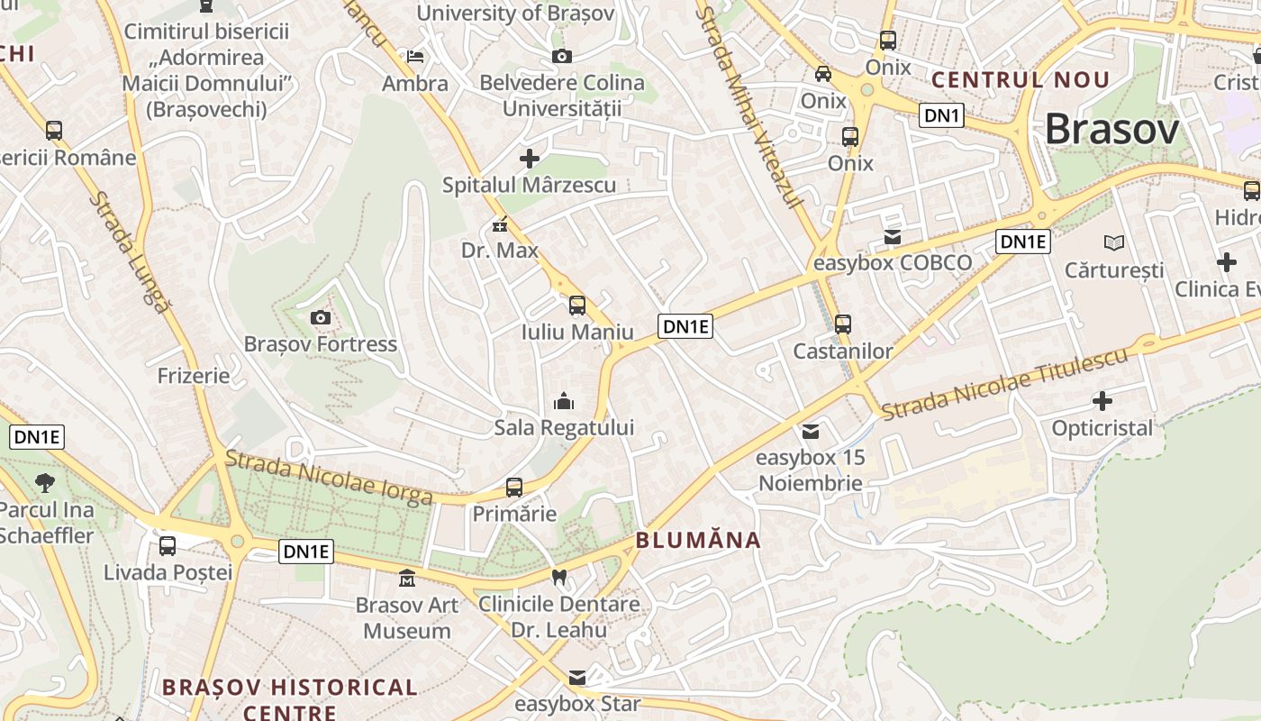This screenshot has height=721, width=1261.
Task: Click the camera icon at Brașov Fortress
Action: pos(320,317)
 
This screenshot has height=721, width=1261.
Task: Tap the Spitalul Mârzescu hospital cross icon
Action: pos(530,159)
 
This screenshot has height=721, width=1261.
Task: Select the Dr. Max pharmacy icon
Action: pos(500,225)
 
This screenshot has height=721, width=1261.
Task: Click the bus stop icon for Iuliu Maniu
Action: pos(577,305)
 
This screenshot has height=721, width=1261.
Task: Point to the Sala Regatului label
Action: pos(564,427)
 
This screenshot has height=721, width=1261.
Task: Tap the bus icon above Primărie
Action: pos(514,488)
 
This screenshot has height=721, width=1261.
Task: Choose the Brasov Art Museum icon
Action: pos(407,578)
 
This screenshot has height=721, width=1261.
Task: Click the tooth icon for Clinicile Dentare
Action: pos(558,578)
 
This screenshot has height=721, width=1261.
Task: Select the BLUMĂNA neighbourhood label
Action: pos(699,541)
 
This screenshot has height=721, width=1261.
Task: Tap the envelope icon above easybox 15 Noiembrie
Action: pos(812,432)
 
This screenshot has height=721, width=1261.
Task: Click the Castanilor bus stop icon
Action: pos(843,324)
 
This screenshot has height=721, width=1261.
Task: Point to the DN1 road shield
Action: pos(942,114)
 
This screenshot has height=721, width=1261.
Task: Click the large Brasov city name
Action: pos(1111,130)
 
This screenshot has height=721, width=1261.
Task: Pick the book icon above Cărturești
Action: pos(1114,242)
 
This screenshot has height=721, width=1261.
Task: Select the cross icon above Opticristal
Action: pos(1102,401)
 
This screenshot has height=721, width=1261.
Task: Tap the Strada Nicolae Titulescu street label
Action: pos(1004,383)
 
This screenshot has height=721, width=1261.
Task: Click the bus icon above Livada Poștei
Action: pos(168,545)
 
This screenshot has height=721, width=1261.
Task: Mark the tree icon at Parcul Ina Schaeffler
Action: pos(44,483)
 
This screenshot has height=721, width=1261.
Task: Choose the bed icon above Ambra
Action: pos(415,57)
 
